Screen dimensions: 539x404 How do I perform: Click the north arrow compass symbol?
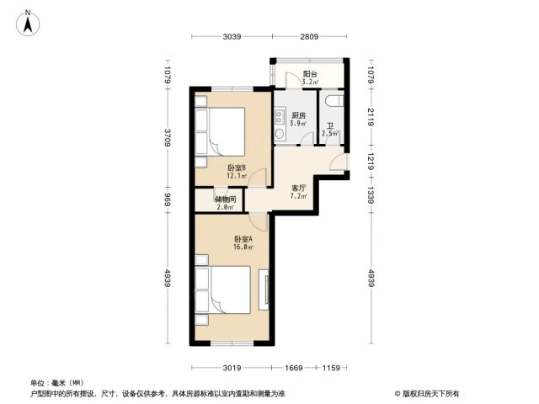pos(28,23)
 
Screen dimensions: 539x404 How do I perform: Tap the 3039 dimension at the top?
pos(232,36)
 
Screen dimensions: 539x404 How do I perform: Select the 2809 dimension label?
pos(309,36)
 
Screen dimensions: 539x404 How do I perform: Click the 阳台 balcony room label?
pos(310,74)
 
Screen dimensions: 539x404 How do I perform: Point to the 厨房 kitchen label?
pos(298,115)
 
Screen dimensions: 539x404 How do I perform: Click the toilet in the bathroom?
pos(334,100)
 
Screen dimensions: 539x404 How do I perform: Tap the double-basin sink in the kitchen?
pos(280,116)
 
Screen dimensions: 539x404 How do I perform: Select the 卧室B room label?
pos(237,168)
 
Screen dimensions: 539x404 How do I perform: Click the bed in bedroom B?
pos(220,132)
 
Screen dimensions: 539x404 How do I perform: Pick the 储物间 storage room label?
pos(225,199)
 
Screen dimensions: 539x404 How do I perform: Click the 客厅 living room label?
pos(298,189)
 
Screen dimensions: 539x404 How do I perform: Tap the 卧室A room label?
pos(243,239)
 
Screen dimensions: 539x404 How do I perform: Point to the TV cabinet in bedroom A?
pos(264,290)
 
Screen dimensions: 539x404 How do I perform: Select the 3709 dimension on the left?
pos(168,137)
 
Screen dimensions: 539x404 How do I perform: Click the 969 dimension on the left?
pos(168,200)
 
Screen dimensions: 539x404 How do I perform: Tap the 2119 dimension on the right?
pos(371,117)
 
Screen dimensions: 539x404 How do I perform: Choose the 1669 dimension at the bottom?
pos(294,368)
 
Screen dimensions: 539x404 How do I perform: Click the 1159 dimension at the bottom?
pos(331,368)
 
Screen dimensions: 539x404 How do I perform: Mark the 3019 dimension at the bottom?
pos(232,368)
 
